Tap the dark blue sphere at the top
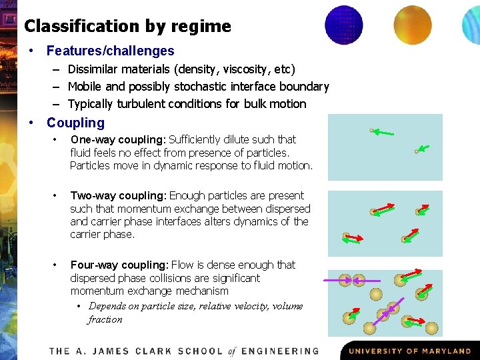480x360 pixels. point(344,25)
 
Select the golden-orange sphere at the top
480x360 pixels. point(412,25)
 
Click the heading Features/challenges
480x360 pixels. point(110,51)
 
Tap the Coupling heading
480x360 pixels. point(75,123)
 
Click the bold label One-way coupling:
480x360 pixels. point(117,139)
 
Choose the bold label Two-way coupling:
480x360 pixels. point(118,195)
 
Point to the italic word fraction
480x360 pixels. point(105,319)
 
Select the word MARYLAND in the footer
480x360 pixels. point(442,351)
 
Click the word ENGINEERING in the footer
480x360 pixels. point(280,351)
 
